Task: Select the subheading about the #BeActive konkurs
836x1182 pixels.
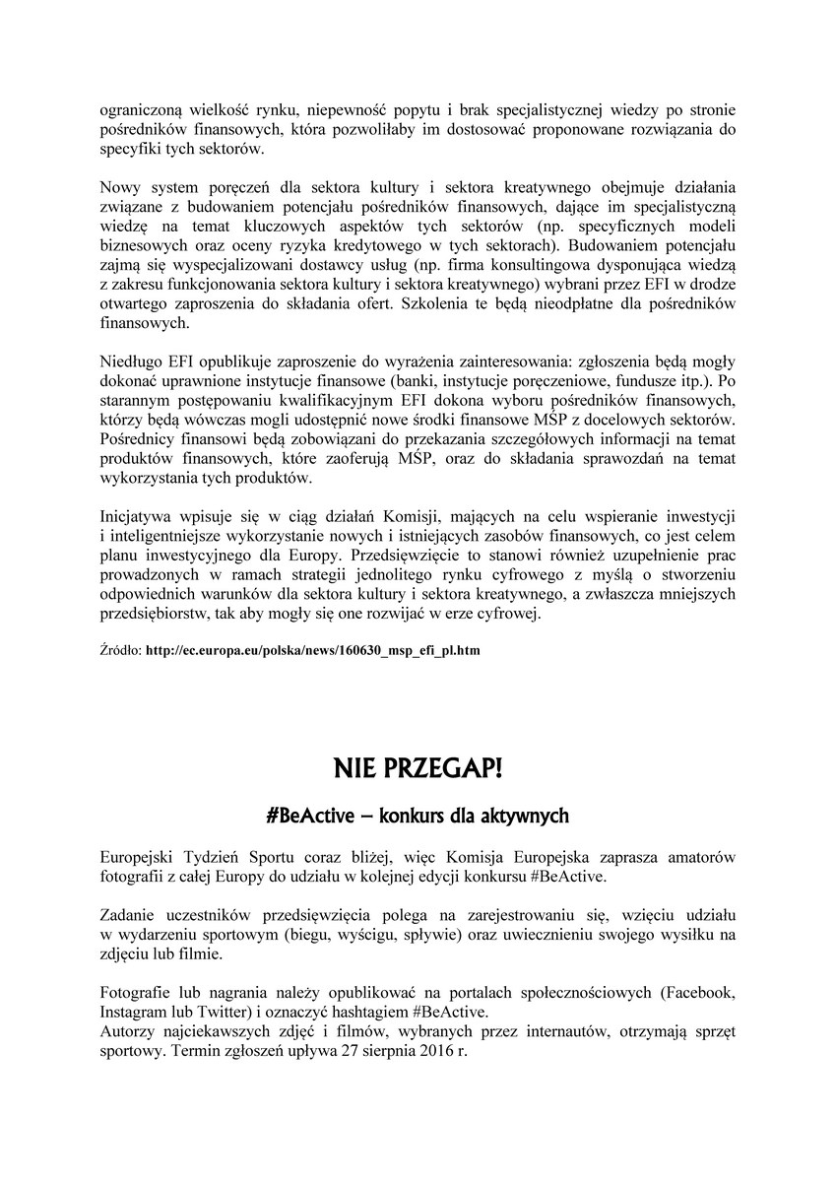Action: (418, 817)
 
